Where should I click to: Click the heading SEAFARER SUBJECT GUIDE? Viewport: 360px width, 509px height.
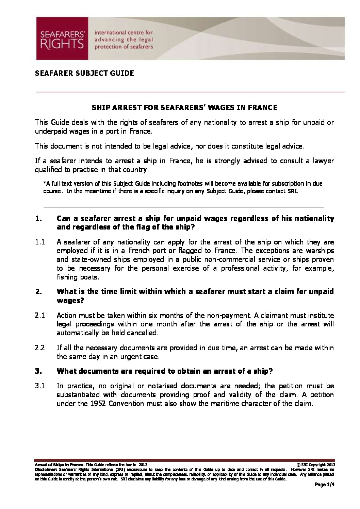[84, 73]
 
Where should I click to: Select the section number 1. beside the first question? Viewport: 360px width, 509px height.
[38, 218]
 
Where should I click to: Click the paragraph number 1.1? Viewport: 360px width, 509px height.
[40, 242]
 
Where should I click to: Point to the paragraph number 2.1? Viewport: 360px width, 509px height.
[40, 316]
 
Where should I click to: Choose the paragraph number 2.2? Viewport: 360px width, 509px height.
[40, 348]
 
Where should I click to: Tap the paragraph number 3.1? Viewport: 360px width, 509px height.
[40, 386]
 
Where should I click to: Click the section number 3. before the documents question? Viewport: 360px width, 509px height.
[38, 371]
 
